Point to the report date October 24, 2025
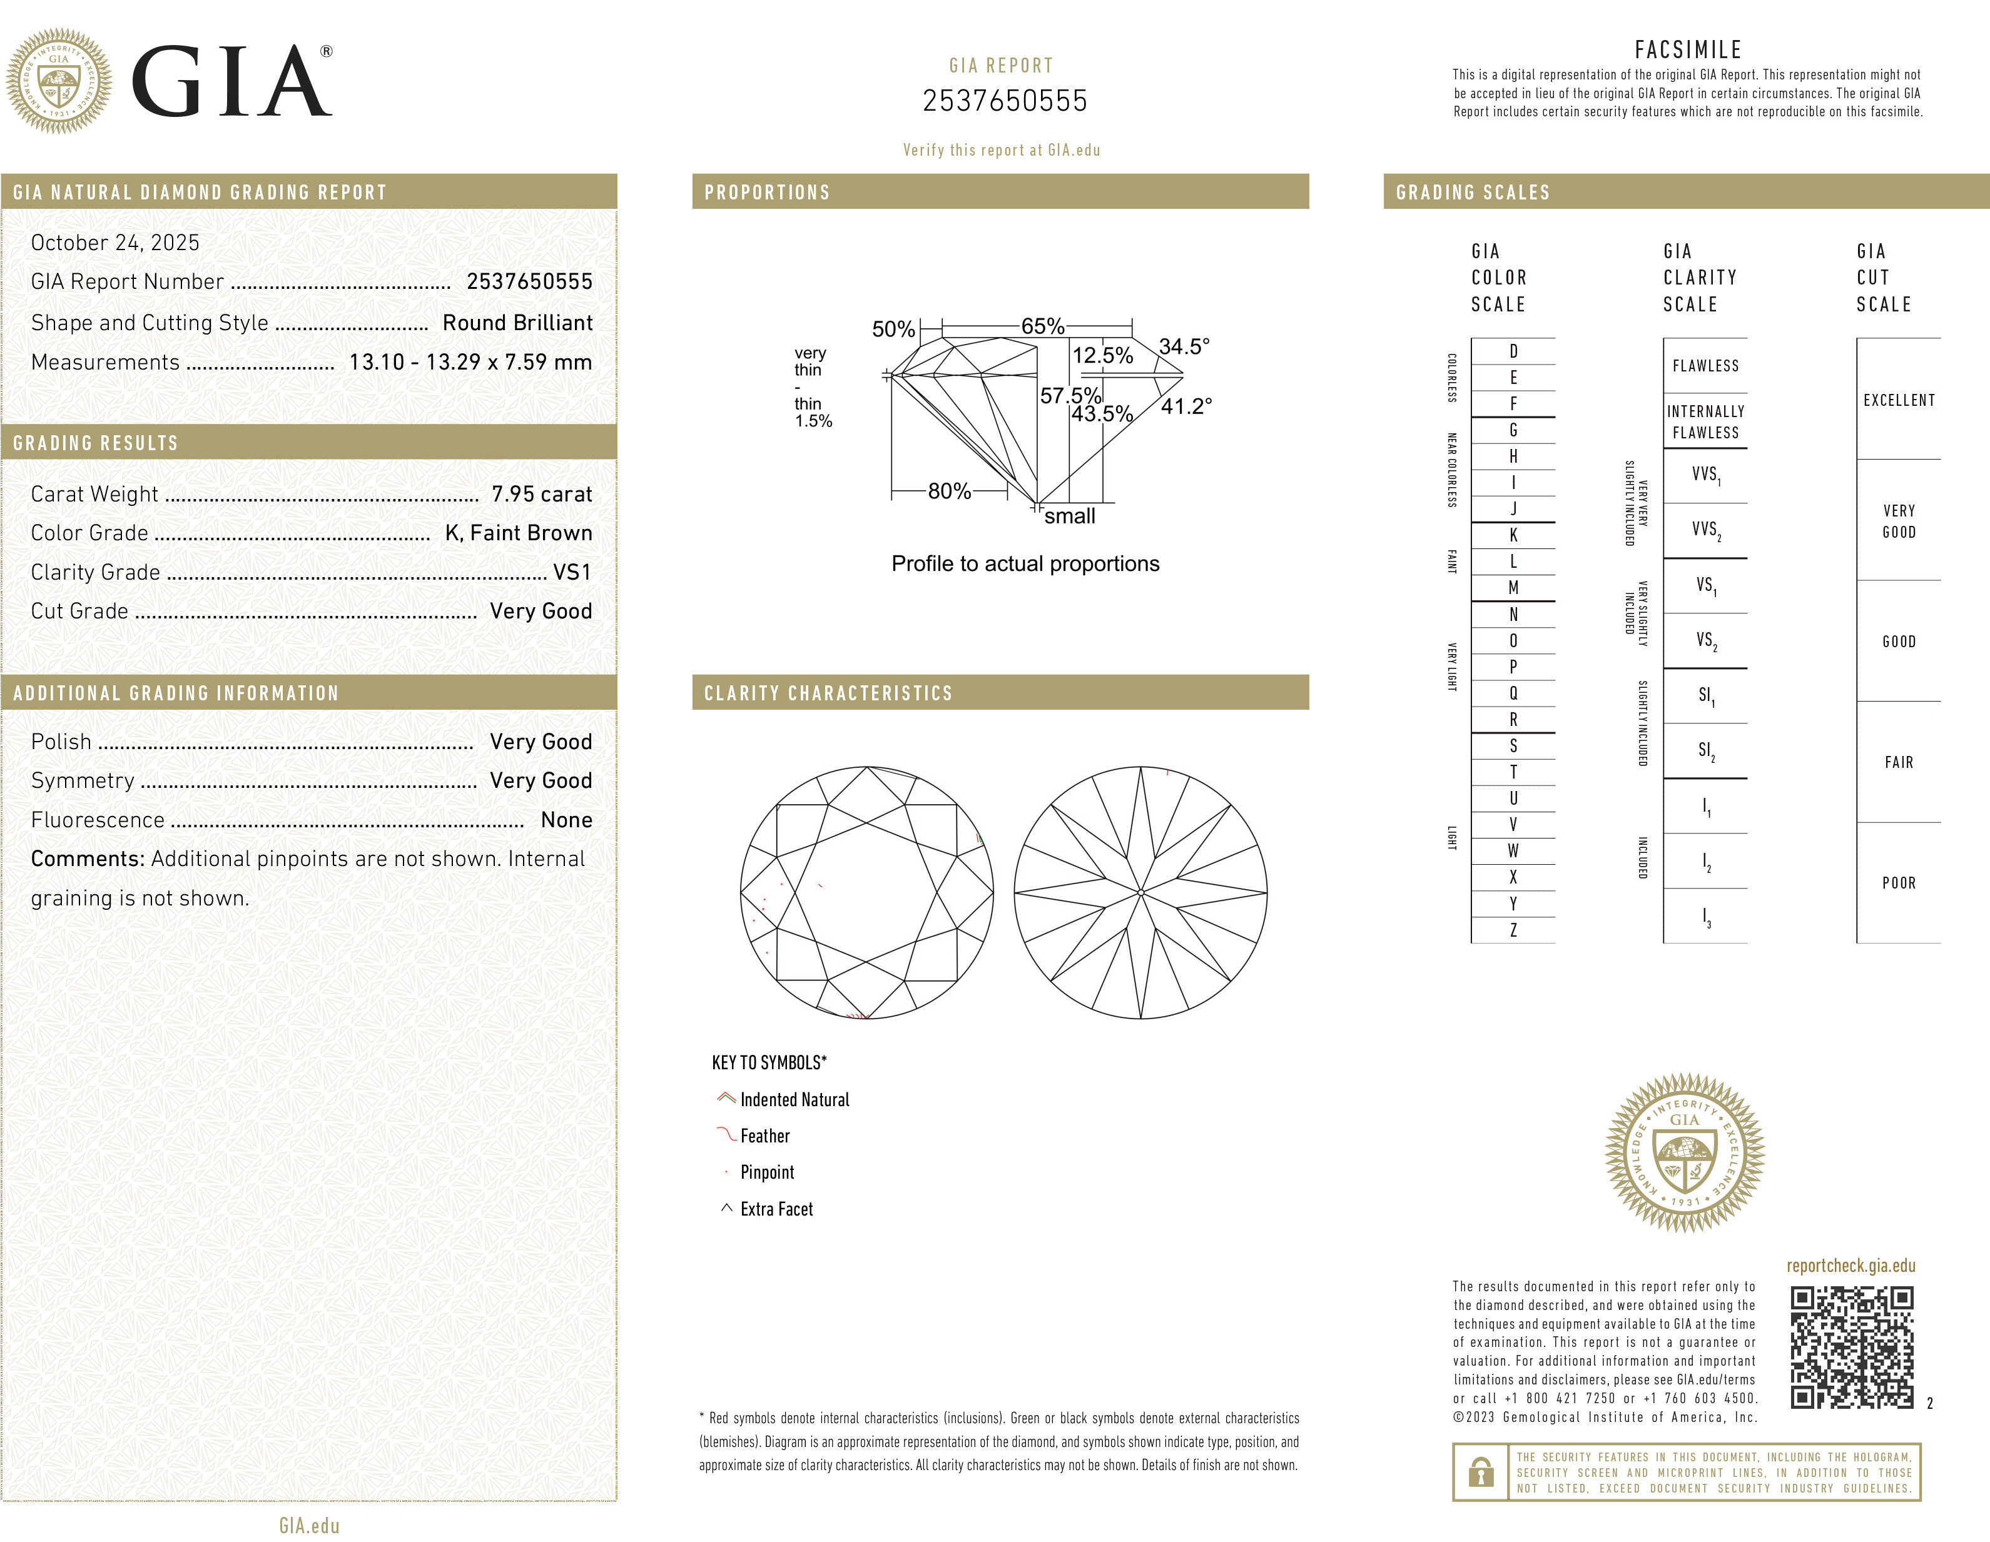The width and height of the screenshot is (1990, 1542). click(115, 242)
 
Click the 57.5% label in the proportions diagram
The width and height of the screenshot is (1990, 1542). click(1070, 395)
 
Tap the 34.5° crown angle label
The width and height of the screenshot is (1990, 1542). click(1184, 346)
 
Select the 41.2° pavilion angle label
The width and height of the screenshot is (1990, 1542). click(1185, 406)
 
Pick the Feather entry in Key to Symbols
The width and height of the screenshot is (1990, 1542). click(764, 1136)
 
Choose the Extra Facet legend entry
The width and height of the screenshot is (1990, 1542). click(775, 1209)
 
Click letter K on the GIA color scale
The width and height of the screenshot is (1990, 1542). click(1513, 535)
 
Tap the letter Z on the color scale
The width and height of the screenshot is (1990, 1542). click(1513, 930)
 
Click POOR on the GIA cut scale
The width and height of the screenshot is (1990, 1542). click(1899, 882)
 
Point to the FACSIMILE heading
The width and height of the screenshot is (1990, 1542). click(1687, 49)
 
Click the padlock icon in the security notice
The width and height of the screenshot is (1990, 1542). click(1481, 1471)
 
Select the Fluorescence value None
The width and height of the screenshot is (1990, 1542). click(566, 820)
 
